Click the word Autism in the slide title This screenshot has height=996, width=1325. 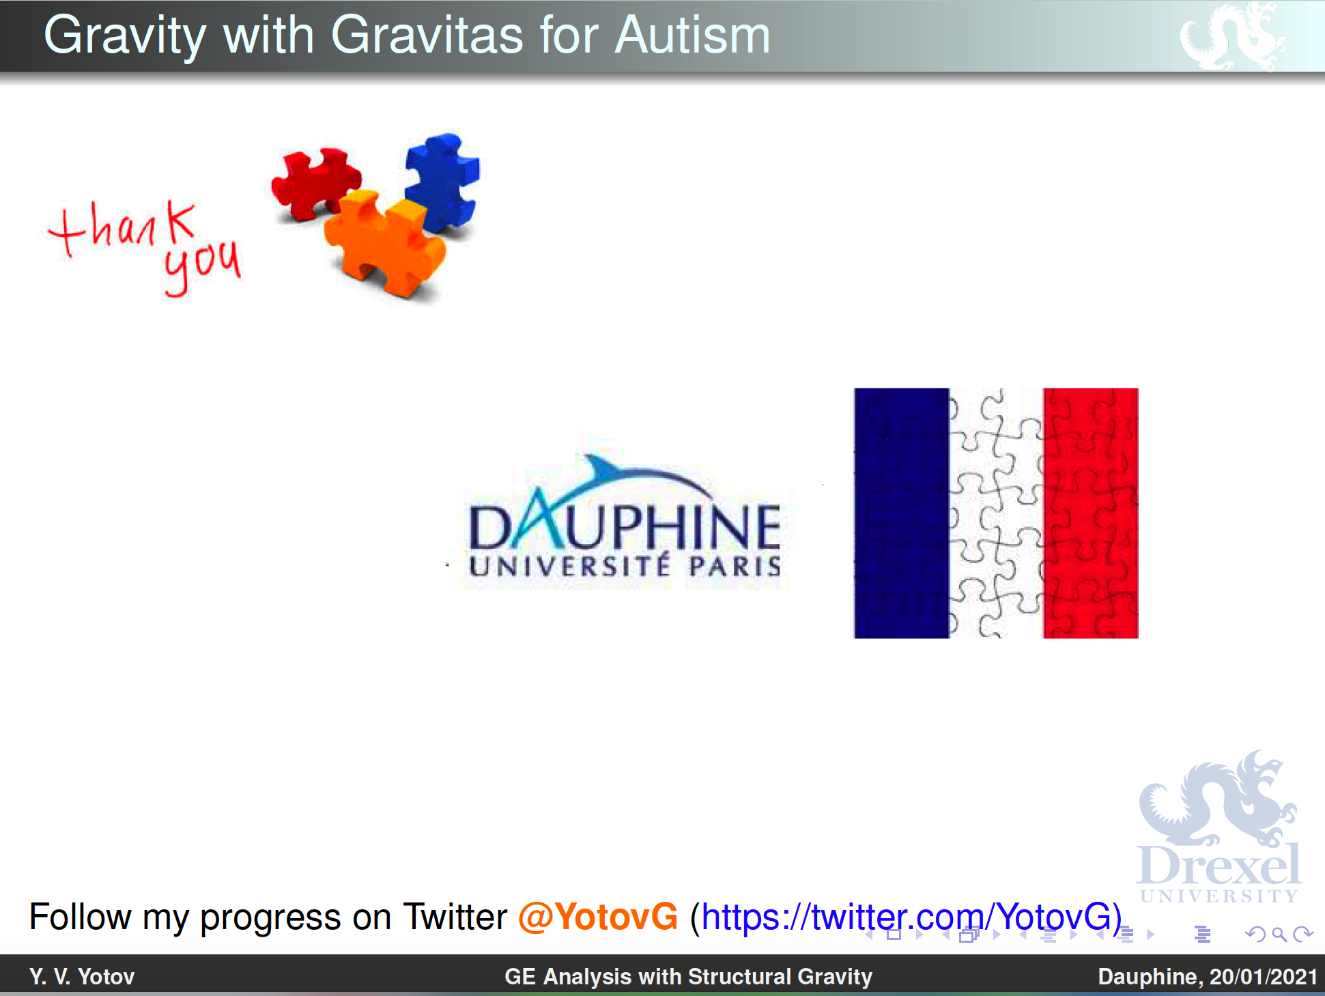click(692, 35)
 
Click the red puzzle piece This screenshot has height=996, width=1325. click(315, 183)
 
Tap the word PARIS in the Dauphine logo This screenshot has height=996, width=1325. click(735, 566)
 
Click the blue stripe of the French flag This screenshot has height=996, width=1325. click(901, 513)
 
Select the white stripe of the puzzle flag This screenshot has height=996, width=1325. click(996, 513)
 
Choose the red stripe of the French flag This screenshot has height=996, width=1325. click(1090, 513)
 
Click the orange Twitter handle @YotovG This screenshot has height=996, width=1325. click(598, 916)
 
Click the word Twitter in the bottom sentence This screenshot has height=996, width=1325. click(455, 916)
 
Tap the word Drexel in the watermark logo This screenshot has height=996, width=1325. click(1219, 865)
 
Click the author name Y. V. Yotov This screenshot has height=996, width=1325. click(82, 976)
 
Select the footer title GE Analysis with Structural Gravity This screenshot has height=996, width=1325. click(688, 976)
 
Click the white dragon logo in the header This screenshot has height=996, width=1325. click(1233, 35)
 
